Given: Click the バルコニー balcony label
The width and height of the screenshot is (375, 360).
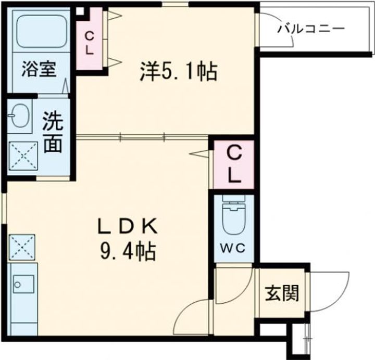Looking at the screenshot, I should point(310,28).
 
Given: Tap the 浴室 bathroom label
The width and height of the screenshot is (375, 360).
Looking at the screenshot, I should point(39,70).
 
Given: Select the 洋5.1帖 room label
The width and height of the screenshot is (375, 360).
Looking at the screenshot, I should point(178,71).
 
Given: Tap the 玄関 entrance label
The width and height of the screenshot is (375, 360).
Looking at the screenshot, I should point(283,294).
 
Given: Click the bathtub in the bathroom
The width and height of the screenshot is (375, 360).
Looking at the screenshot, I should point(39,31).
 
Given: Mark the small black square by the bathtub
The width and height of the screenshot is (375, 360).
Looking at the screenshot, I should point(79,10).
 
